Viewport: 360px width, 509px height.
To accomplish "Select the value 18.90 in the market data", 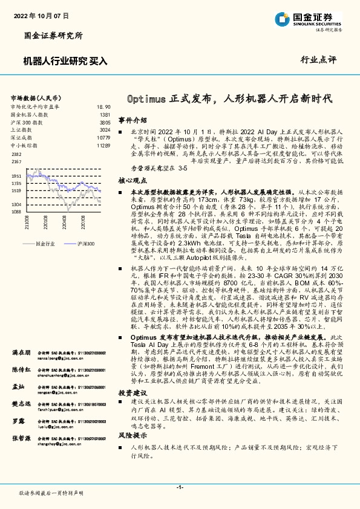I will [x=103, y=106].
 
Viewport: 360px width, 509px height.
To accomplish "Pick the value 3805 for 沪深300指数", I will [x=105, y=122].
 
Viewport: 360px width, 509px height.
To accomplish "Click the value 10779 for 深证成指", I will [x=103, y=138].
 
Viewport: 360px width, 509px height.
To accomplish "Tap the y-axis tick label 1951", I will [x=16, y=176].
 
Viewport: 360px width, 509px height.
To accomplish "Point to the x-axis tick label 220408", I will [x=63, y=228].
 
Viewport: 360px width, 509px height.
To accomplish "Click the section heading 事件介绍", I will [x=132, y=120].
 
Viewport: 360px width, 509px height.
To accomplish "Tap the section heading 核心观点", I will [x=132, y=180].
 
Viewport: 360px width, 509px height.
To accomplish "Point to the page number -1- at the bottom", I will [x=180, y=487].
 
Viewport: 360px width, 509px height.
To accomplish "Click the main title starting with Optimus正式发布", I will [x=232, y=98].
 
